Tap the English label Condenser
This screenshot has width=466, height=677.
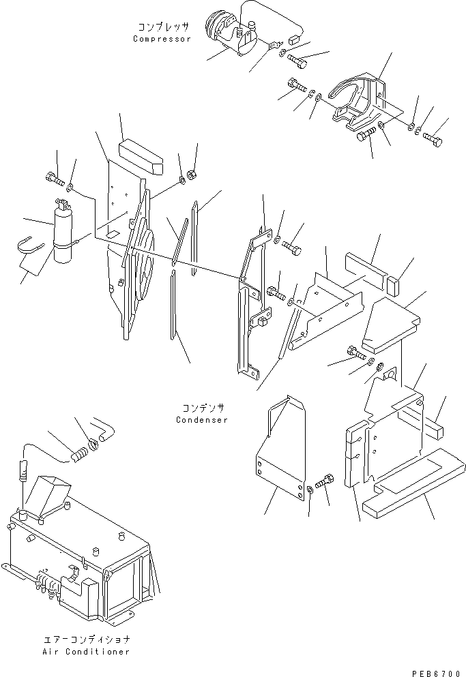[x=201, y=419]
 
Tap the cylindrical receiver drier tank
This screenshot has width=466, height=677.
[x=62, y=232]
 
